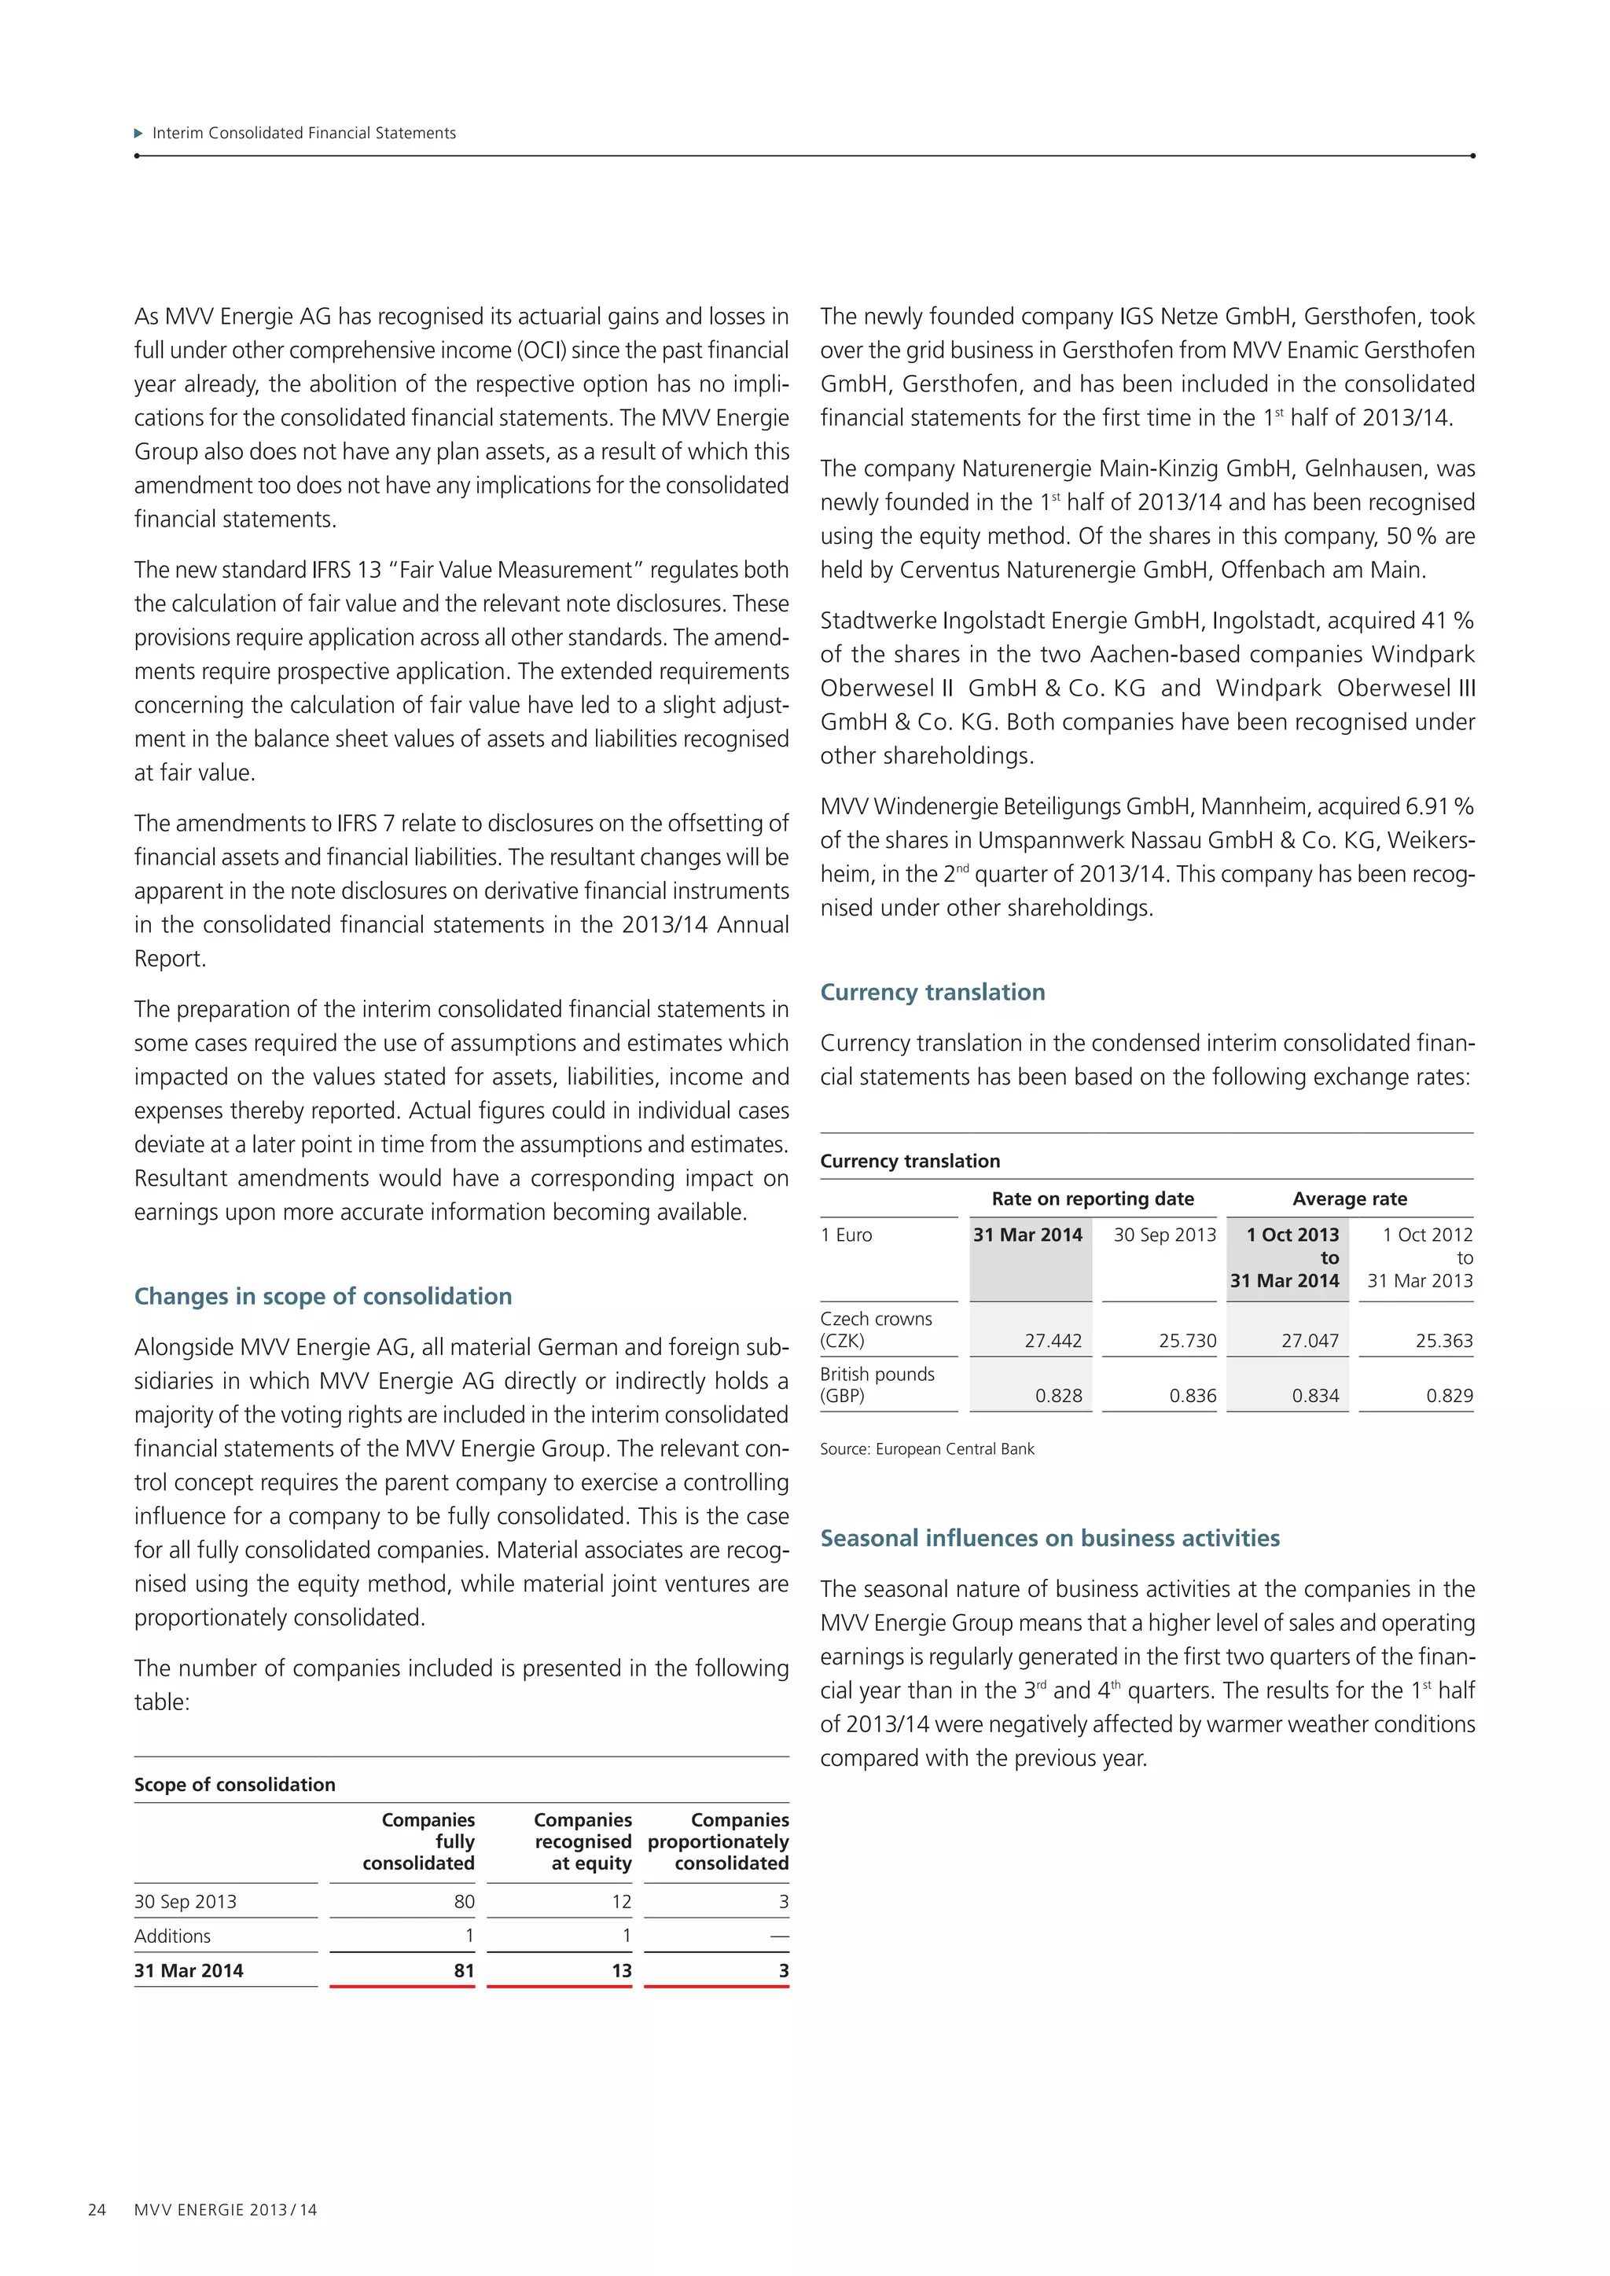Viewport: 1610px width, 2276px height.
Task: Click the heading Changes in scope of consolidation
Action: coord(323,1296)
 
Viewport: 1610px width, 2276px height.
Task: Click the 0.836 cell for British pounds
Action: coord(1193,1396)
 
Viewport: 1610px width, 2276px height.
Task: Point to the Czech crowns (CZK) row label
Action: coord(876,1329)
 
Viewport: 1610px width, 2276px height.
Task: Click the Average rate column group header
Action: coord(1349,1199)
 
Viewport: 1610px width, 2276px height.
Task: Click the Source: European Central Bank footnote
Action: coord(926,1449)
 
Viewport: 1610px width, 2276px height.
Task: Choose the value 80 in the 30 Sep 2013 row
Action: coord(464,1901)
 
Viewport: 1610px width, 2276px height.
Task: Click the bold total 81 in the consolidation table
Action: coord(464,1971)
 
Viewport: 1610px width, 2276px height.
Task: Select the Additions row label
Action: coord(172,1936)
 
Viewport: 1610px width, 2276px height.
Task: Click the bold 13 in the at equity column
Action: coord(622,1971)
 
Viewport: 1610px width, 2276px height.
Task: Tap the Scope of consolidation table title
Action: coord(235,1784)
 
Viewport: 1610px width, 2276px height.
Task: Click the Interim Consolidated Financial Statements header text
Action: coord(303,133)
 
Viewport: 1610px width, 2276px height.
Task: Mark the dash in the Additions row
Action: coord(779,1936)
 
